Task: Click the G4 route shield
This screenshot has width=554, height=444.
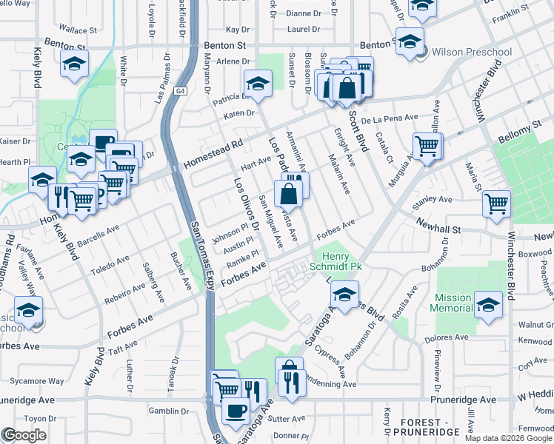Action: point(180,91)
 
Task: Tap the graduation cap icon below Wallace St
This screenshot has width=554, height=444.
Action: point(74,64)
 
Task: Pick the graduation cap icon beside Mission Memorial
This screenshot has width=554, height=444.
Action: point(488,304)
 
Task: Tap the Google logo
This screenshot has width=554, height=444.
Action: point(24,435)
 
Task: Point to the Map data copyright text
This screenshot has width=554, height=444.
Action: point(508,439)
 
